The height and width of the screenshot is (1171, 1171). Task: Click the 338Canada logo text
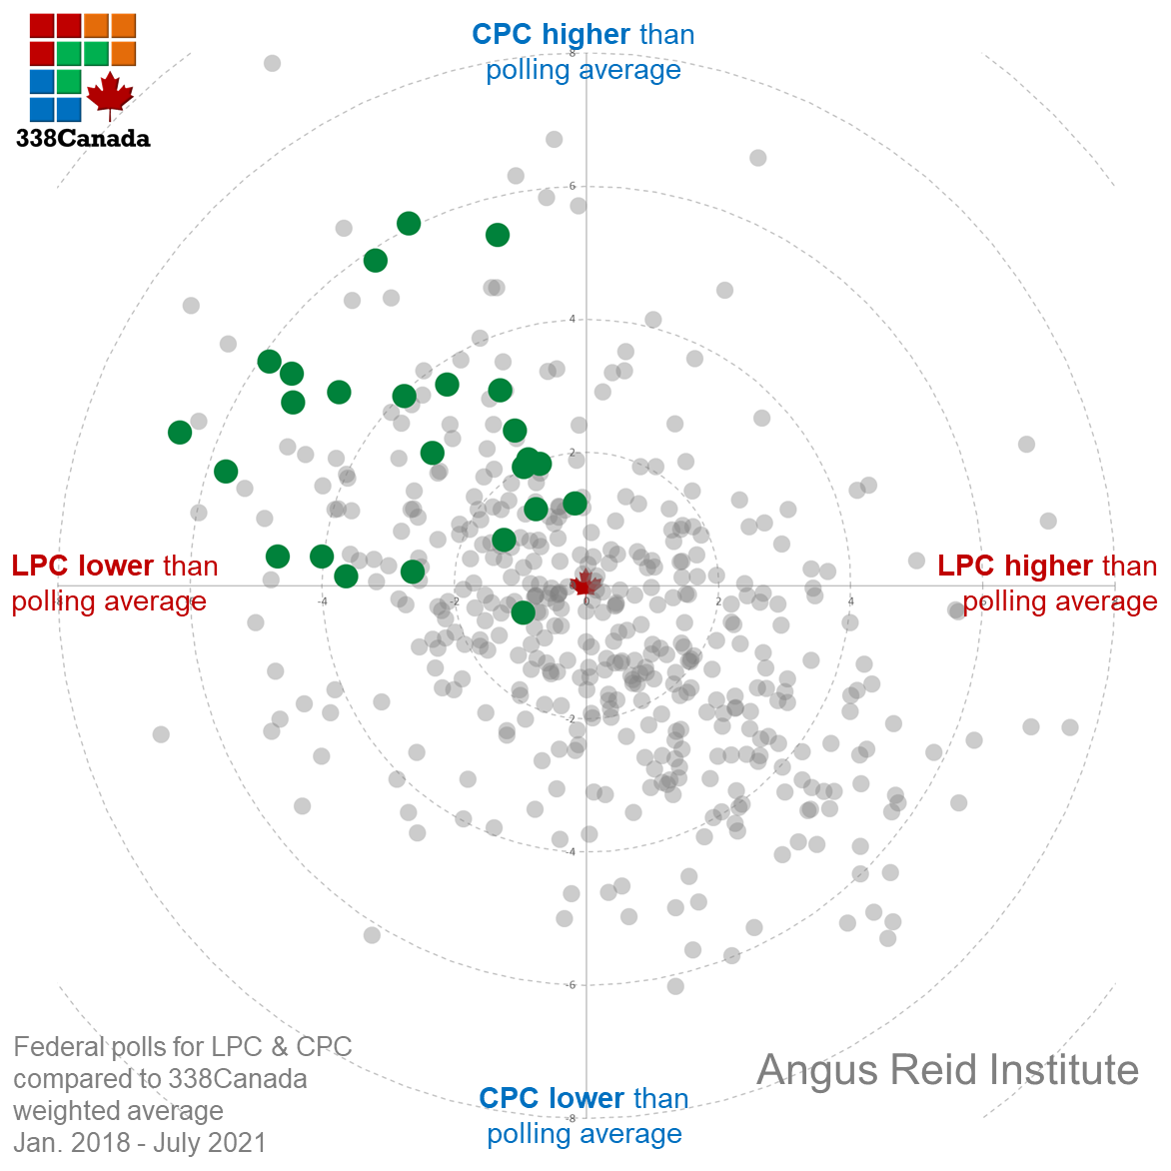tap(83, 138)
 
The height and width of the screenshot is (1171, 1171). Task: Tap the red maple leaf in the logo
tap(110, 94)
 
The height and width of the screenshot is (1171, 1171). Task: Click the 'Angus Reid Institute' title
tap(948, 1070)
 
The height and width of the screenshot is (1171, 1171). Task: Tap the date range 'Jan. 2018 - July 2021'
tap(140, 1142)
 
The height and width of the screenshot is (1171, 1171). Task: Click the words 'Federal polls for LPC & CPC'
tap(183, 1047)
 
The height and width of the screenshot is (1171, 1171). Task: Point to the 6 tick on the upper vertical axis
tap(573, 186)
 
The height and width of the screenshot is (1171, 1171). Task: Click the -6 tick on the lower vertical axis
tap(571, 985)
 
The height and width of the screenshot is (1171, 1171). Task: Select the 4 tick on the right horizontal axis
tap(851, 600)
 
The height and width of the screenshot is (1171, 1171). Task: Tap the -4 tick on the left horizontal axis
tap(322, 600)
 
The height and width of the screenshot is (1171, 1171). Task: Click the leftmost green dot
tap(180, 433)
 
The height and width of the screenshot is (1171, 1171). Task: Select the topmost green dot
tap(408, 224)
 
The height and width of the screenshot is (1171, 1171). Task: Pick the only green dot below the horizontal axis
tap(523, 612)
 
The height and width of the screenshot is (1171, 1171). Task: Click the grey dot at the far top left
tap(272, 64)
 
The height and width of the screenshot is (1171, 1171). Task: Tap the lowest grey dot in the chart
tap(675, 986)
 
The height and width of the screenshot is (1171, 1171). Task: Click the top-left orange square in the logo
tap(96, 25)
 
